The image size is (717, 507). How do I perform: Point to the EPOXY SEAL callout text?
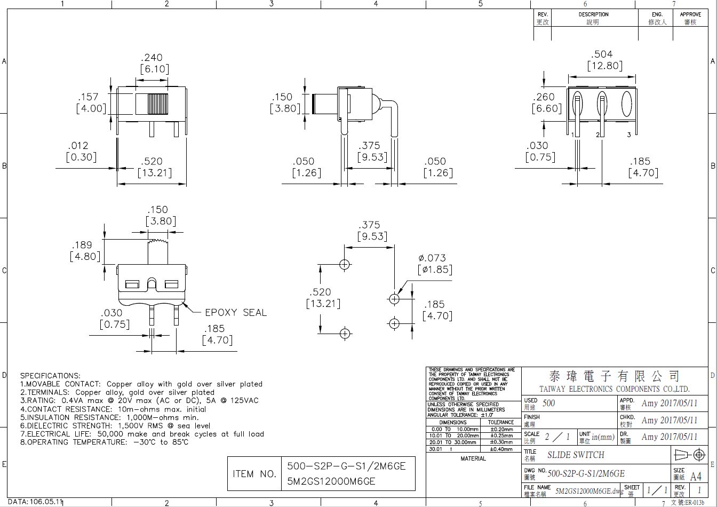[x=236, y=313]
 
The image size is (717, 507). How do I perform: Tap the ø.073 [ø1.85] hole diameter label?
[x=434, y=264]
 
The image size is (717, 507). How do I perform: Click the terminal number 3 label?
[x=629, y=134]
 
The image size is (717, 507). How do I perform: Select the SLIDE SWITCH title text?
[x=576, y=455]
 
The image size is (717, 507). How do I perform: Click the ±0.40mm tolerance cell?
[x=501, y=449]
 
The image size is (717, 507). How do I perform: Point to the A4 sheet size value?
[x=696, y=476]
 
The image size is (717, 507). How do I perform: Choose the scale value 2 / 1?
[x=557, y=437]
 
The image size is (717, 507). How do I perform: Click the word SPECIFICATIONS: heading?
[x=50, y=376]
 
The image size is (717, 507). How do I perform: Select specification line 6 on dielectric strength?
[x=115, y=425]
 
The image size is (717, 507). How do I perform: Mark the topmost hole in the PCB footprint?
[x=345, y=264]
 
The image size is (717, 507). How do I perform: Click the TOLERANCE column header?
[x=501, y=422]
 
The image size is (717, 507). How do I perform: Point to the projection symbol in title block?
[x=690, y=455]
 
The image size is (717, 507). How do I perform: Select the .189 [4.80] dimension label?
[x=85, y=251]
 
